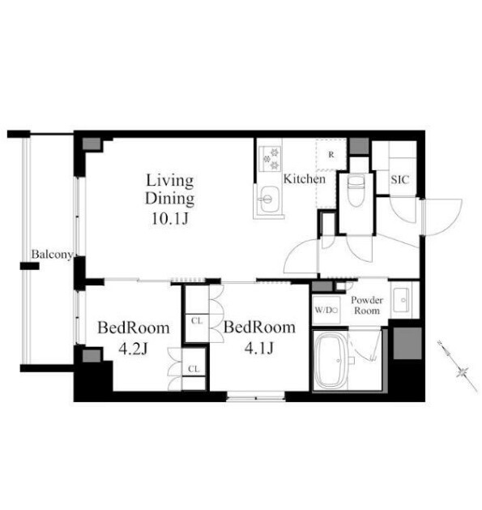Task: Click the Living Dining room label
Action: [x=169, y=189]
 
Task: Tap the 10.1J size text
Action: [x=170, y=219]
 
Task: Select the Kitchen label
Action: [x=305, y=179]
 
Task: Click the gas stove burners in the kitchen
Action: [x=271, y=158]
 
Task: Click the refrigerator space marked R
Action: [x=331, y=155]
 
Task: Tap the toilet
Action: [x=356, y=191]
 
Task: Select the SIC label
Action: [x=400, y=179]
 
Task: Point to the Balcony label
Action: [x=52, y=255]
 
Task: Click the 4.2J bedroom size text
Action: [x=133, y=349]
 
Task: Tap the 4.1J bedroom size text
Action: [x=259, y=349]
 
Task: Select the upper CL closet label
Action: [x=197, y=321]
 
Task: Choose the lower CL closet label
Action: [x=194, y=369]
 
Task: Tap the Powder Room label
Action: [x=367, y=305]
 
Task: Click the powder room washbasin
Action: [x=402, y=300]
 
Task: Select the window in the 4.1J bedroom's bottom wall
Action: [x=256, y=396]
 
